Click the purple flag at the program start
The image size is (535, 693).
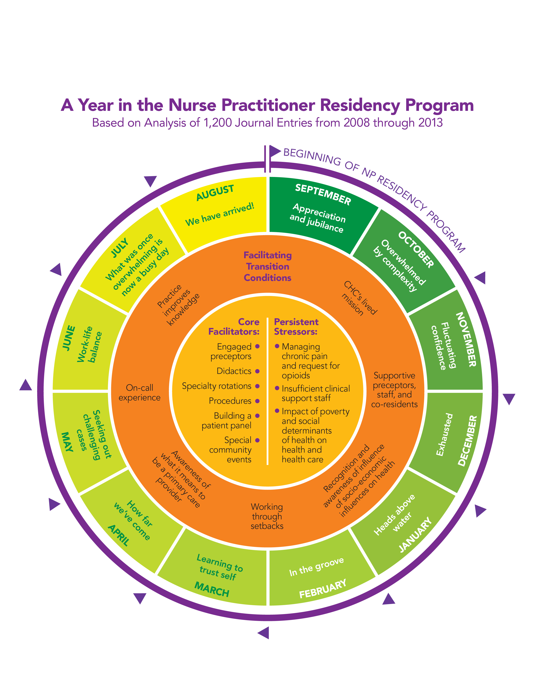point(275,151)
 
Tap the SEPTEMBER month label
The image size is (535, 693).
point(323,194)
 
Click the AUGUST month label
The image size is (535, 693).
point(215,193)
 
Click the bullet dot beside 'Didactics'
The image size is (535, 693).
point(257,371)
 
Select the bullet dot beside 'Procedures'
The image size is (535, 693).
point(257,401)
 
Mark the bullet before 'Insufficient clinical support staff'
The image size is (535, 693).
point(277,388)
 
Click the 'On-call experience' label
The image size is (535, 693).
point(140,393)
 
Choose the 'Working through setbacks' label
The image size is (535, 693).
point(267,516)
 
